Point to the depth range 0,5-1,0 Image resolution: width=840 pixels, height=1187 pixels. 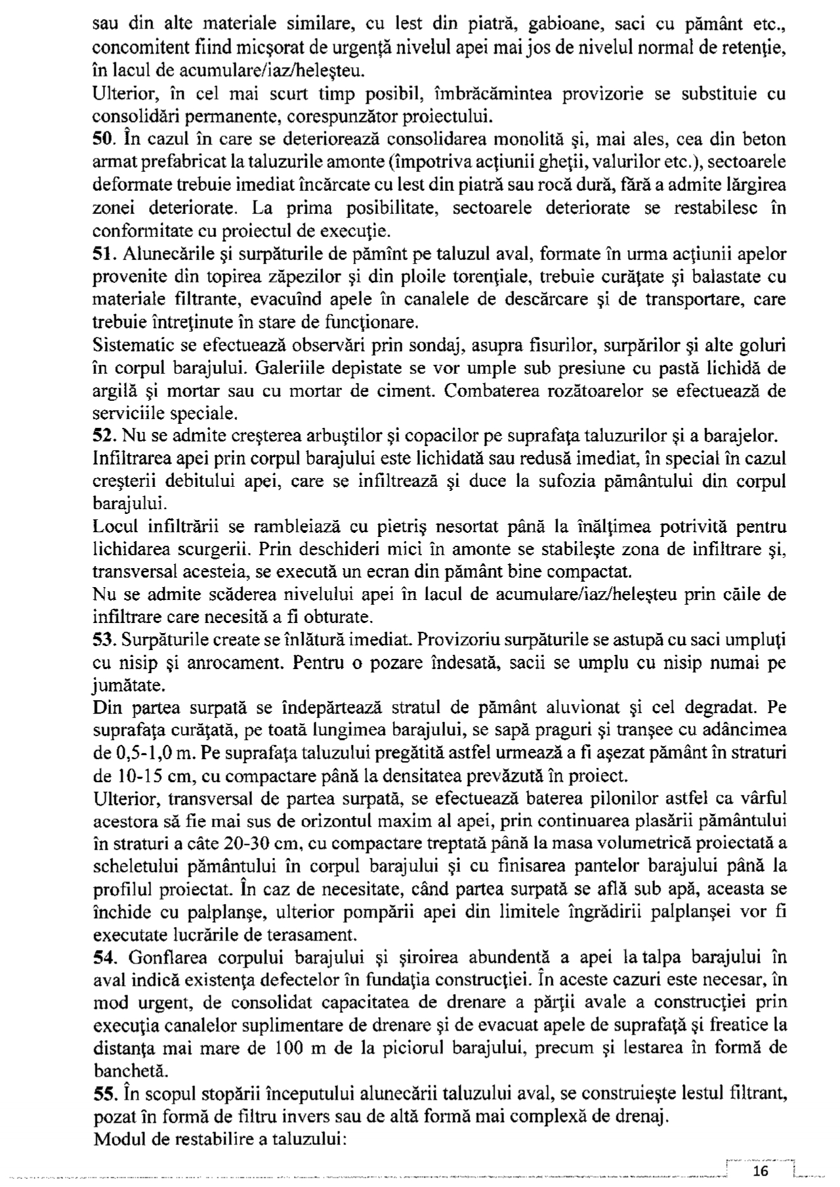pyautogui.click(x=145, y=753)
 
